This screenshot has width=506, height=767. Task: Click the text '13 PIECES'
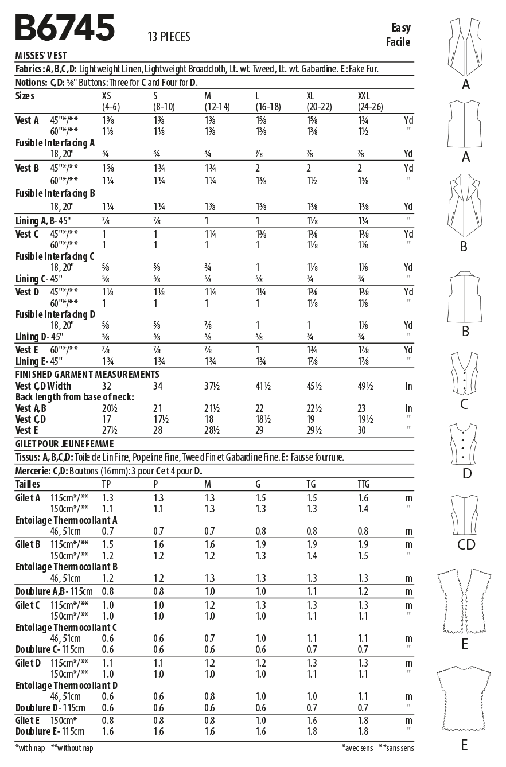169,37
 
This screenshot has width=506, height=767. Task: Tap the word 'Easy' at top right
401,28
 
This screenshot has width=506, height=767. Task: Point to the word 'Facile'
398,41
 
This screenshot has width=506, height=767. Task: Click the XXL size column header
364,96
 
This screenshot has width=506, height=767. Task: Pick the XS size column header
107,96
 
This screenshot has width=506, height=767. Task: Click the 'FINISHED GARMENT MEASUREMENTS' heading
87,374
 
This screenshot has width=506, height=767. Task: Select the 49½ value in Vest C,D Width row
365,386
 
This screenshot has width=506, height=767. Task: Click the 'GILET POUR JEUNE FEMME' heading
64,443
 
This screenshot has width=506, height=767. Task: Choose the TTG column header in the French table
364,485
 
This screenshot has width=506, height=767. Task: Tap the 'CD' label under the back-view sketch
466,544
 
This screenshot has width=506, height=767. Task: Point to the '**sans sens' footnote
396,748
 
